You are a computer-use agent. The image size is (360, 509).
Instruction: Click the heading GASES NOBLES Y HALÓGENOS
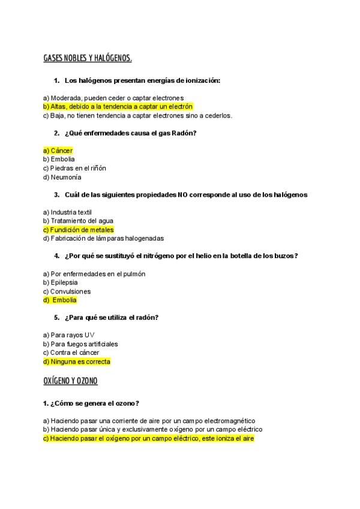[87, 58]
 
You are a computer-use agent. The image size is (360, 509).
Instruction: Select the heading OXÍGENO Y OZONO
[70, 381]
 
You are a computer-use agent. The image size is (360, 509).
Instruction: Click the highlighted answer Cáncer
[58, 151]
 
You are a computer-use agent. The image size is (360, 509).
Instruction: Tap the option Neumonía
[62, 177]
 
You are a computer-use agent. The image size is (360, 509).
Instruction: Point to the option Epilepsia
[60, 283]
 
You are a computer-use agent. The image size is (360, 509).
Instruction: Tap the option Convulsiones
[67, 292]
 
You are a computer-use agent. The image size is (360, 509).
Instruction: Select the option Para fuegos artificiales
[80, 344]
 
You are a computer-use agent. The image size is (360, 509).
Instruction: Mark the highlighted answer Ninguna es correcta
[76, 362]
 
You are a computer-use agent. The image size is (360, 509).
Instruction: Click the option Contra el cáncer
[71, 353]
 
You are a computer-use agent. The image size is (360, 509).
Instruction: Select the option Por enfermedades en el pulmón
[94, 274]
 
